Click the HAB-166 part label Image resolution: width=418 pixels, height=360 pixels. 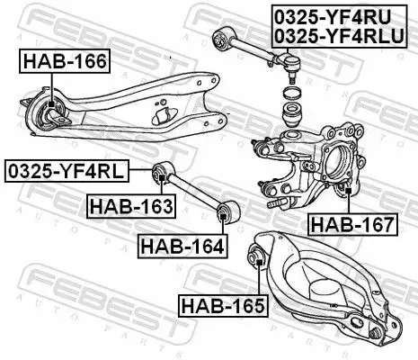tap(64, 62)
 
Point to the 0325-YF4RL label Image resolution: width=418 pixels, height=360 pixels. tap(67, 169)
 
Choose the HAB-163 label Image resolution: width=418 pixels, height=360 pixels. tap(130, 208)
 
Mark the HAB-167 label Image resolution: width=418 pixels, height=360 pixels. tap(351, 223)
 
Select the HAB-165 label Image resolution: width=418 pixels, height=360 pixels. tap(221, 305)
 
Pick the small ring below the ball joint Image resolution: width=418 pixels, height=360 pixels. tap(289, 94)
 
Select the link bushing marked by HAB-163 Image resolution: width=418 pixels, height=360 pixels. tap(162, 171)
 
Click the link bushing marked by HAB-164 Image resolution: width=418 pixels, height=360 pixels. tap(226, 213)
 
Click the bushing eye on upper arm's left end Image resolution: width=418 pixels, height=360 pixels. tap(218, 35)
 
